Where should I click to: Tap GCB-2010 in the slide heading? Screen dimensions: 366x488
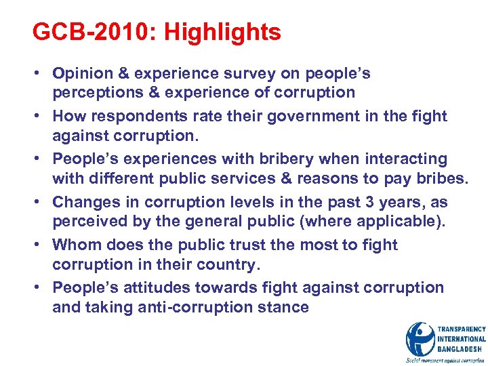coord(90,33)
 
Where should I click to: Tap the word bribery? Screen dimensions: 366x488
coord(274,159)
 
